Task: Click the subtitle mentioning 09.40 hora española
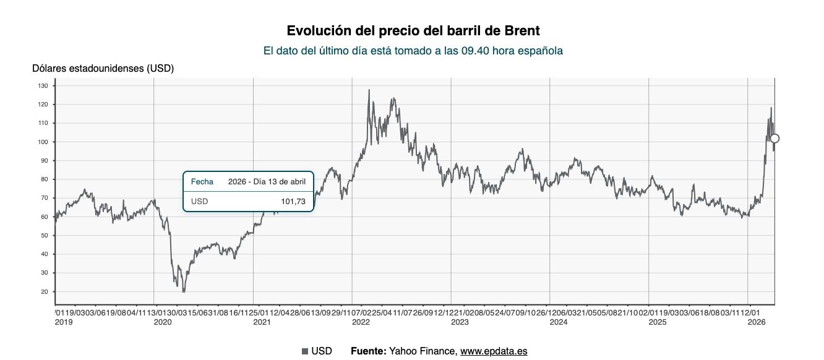click(413, 51)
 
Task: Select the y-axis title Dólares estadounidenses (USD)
click(103, 68)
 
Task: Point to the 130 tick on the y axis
click(43, 86)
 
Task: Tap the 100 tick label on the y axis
click(43, 142)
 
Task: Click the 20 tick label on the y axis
click(44, 292)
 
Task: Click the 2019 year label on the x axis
click(63, 322)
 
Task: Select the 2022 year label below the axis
click(361, 322)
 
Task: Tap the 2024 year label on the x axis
click(559, 322)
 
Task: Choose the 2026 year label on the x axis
click(757, 322)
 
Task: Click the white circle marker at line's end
click(774, 139)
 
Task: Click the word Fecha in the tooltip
click(202, 181)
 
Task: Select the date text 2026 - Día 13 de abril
click(267, 181)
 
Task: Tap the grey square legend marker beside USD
click(304, 351)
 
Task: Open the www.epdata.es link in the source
click(493, 351)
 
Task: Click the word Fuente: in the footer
click(368, 351)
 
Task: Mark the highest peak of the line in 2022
click(369, 90)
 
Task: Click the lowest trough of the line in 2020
click(184, 292)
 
